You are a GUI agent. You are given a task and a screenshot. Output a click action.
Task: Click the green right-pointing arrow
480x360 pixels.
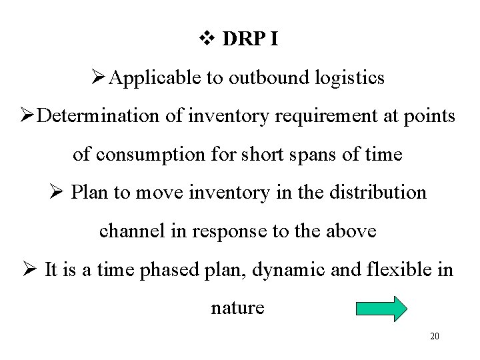tap(381, 309)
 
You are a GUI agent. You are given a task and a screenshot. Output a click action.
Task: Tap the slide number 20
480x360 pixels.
tap(435, 336)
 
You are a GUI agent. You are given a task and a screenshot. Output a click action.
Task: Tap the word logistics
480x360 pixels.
tap(351, 78)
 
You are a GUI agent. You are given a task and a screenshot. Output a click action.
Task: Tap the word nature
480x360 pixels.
tap(237, 308)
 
